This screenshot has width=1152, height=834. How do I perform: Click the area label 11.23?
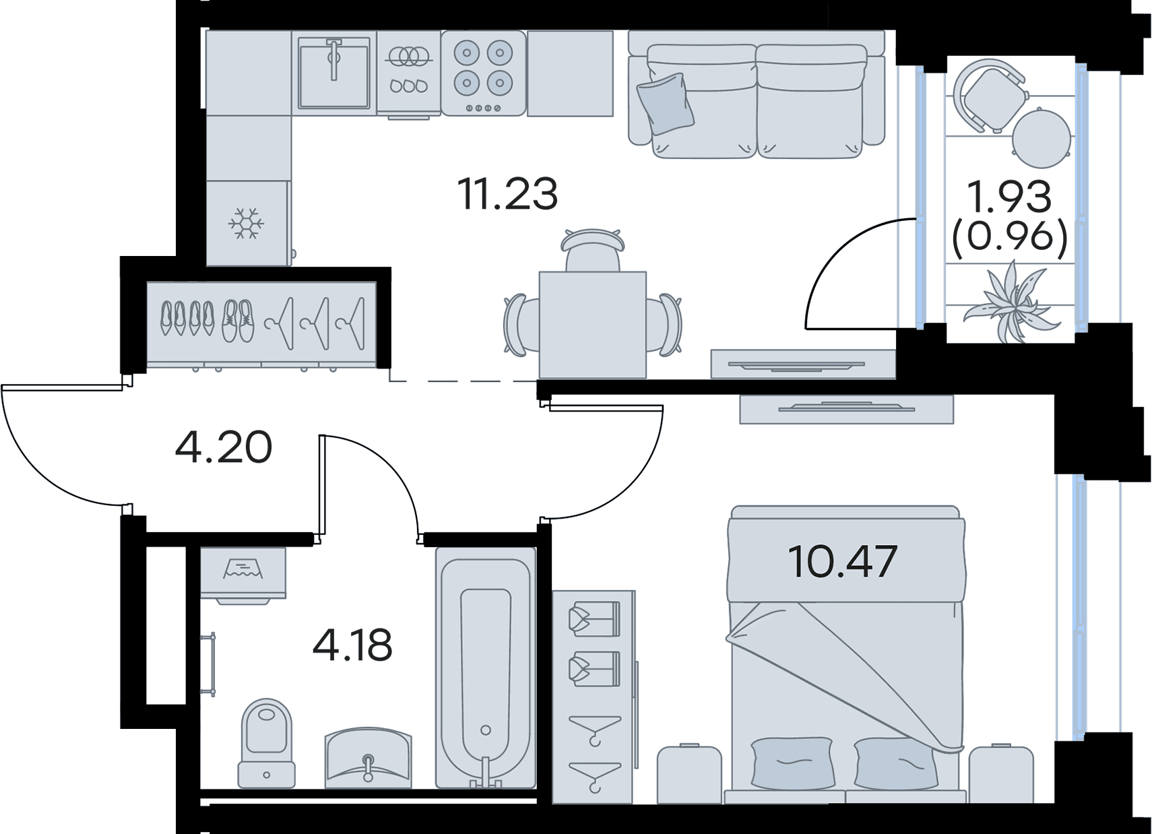(x=510, y=194)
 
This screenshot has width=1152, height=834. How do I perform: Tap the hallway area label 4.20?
(x=224, y=447)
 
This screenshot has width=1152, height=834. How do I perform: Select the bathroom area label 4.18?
(x=352, y=645)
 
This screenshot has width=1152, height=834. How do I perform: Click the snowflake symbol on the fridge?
(x=247, y=224)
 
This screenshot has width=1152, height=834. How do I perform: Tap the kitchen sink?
(x=333, y=72)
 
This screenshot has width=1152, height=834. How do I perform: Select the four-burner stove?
(x=484, y=73)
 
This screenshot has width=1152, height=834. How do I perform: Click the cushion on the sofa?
(x=666, y=103)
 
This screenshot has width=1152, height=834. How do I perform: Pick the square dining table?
(x=592, y=325)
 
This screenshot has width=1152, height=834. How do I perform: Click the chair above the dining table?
(x=593, y=250)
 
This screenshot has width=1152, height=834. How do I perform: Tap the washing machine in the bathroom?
(x=243, y=575)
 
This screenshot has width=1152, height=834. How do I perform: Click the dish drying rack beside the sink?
(x=409, y=73)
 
